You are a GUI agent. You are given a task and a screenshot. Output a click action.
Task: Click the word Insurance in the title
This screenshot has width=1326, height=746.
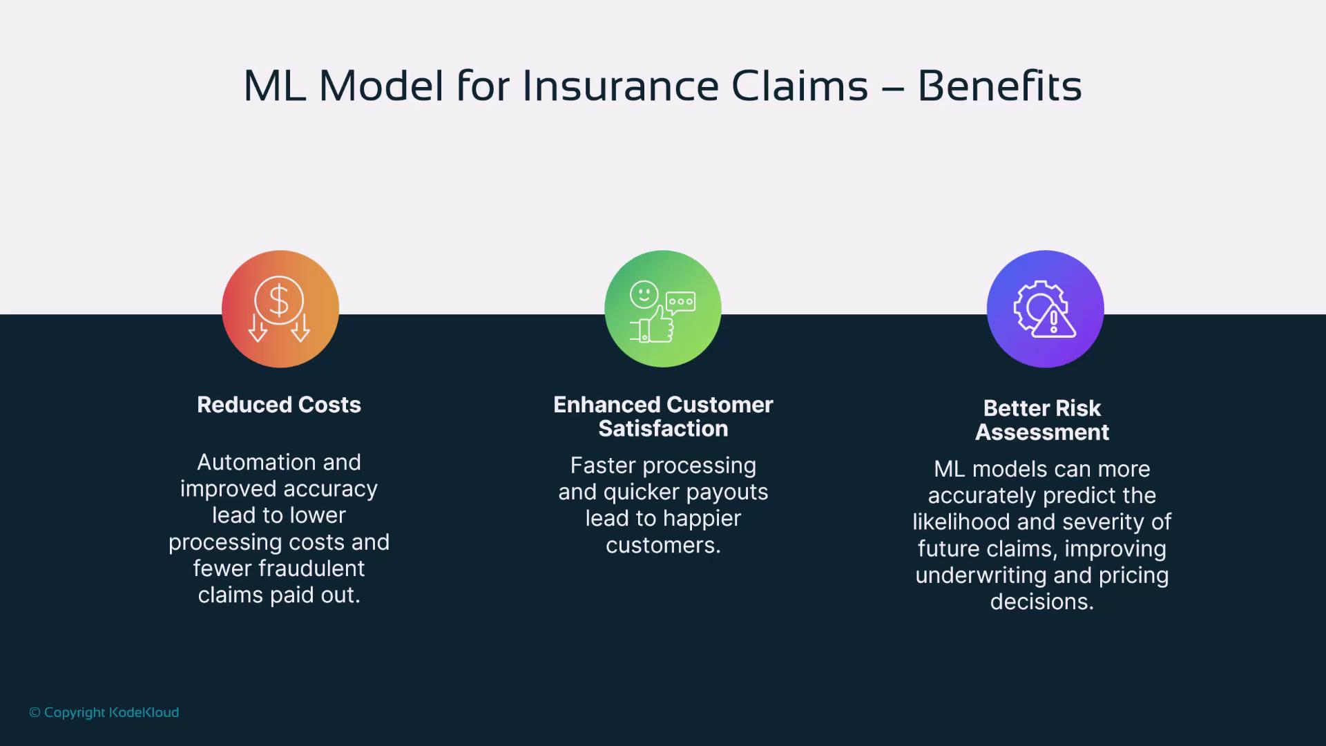pyautogui.click(x=619, y=86)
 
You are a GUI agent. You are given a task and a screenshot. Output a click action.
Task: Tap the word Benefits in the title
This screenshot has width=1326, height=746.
pyautogui.click(x=999, y=86)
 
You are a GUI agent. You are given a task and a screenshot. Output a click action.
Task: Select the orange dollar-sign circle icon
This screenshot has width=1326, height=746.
pyautogui.click(x=280, y=309)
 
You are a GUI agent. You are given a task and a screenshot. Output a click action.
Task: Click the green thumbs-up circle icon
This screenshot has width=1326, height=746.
pyautogui.click(x=663, y=309)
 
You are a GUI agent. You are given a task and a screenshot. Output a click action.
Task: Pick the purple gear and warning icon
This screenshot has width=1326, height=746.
pyautogui.click(x=1046, y=309)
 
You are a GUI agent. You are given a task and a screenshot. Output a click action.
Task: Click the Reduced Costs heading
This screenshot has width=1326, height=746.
pyautogui.click(x=279, y=405)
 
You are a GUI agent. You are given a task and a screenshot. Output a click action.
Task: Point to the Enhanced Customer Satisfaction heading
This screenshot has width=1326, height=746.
pyautogui.click(x=663, y=417)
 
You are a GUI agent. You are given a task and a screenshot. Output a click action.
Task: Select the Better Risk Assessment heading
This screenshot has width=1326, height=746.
pyautogui.click(x=1042, y=420)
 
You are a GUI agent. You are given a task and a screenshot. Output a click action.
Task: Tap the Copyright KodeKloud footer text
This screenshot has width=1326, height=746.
pyautogui.click(x=104, y=712)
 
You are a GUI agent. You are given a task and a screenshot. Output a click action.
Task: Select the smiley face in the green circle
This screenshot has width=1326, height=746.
pyautogui.click(x=644, y=294)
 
